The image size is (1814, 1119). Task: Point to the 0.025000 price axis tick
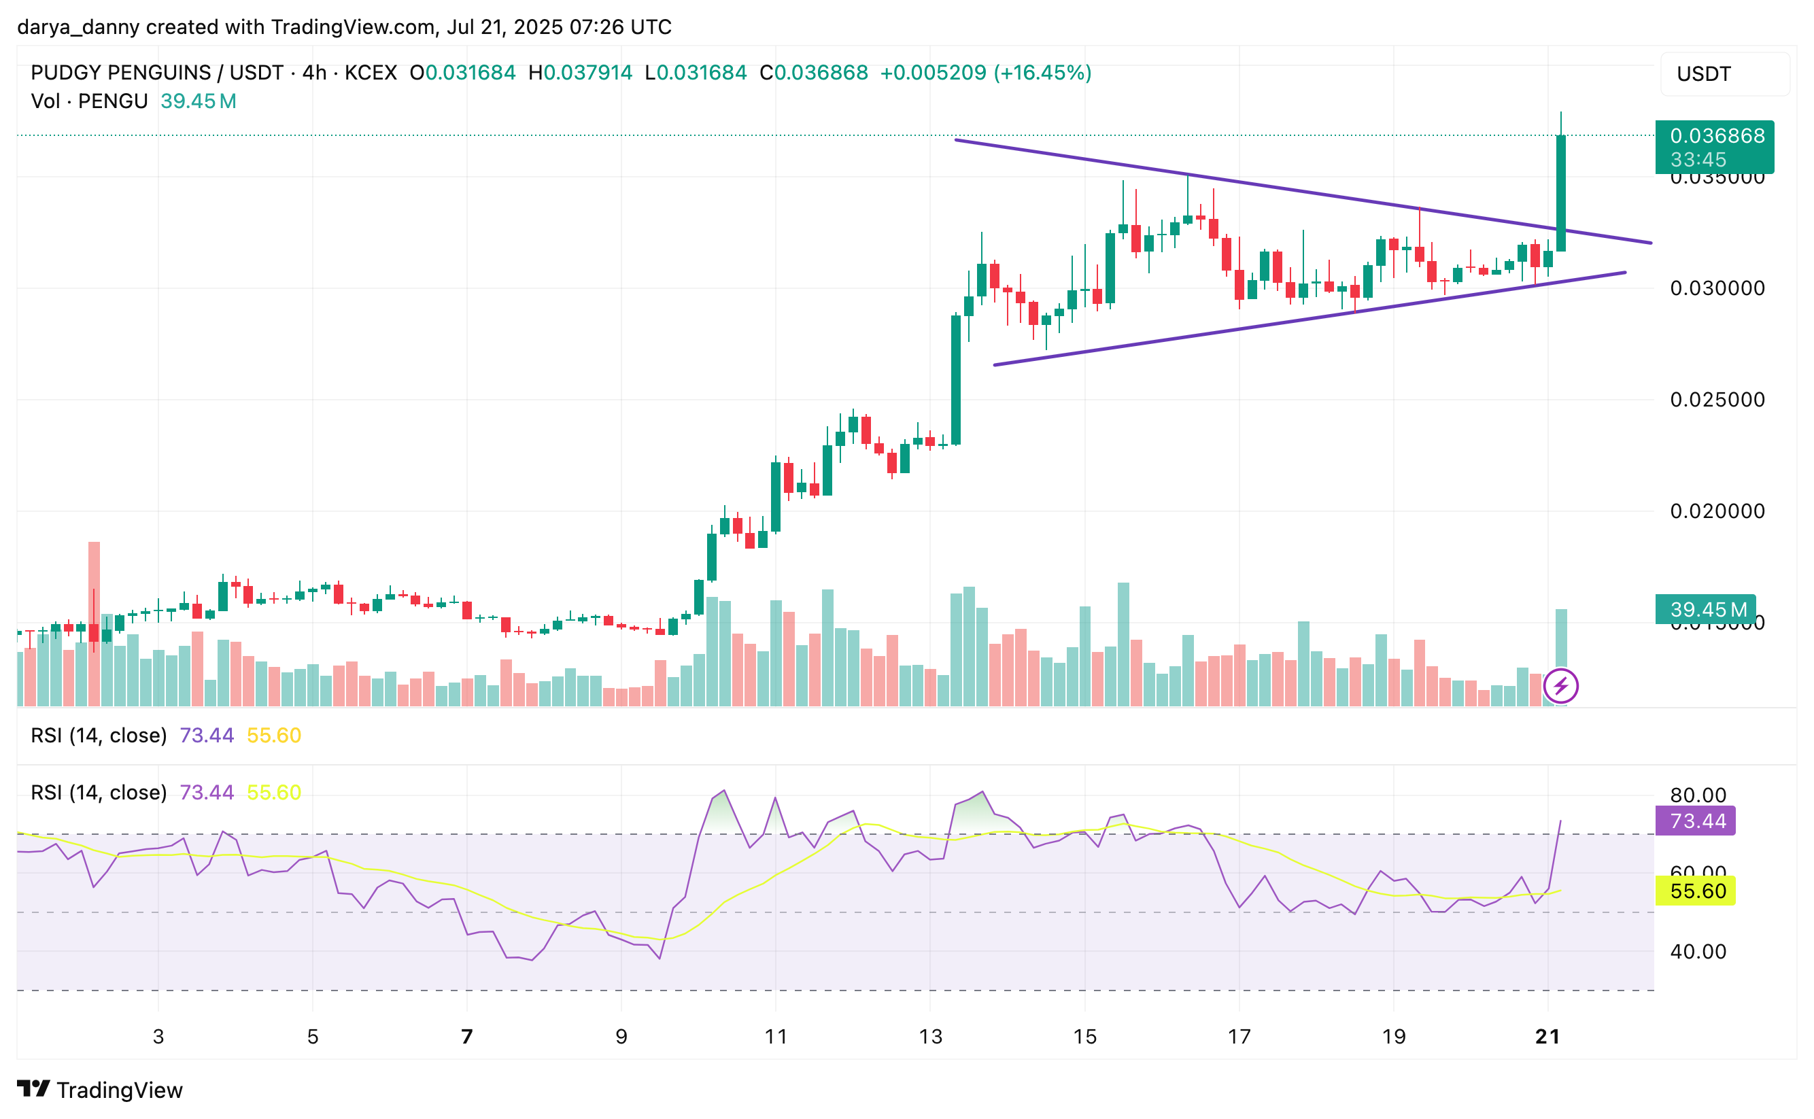pyautogui.click(x=1716, y=400)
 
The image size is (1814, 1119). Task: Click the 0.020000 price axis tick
pyautogui.click(x=1716, y=511)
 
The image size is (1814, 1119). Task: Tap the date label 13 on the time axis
pyautogui.click(x=929, y=1036)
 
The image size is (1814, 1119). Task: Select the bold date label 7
pyautogui.click(x=466, y=1036)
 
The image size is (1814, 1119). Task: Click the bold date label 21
pyautogui.click(x=1547, y=1036)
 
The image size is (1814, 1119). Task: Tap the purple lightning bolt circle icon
pyautogui.click(x=1560, y=686)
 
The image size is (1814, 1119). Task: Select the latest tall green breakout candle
pyautogui.click(x=1560, y=192)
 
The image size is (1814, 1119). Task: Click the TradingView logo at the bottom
pyautogui.click(x=99, y=1089)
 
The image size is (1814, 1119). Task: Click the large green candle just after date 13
pyautogui.click(x=955, y=379)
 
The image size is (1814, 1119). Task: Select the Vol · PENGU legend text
pyautogui.click(x=89, y=101)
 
